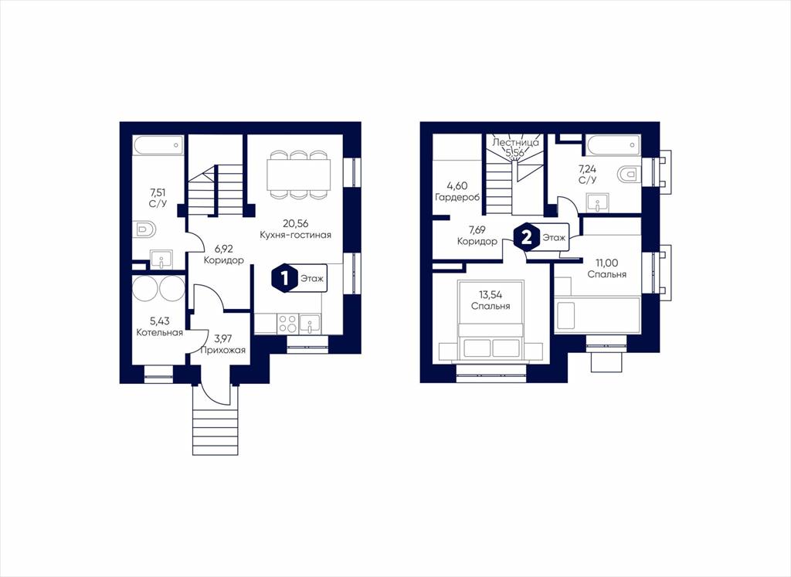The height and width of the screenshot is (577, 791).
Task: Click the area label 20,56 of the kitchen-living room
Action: click(296, 224)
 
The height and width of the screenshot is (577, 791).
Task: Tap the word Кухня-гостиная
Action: click(296, 235)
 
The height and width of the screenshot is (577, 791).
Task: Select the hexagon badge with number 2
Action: click(525, 237)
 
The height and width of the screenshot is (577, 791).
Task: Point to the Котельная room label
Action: click(159, 333)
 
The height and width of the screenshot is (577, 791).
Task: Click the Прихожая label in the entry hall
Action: click(223, 350)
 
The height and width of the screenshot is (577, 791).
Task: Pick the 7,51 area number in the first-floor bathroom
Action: click(158, 192)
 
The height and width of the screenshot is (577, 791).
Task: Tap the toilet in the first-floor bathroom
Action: click(146, 229)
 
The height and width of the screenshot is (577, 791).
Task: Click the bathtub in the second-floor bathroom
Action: click(614, 144)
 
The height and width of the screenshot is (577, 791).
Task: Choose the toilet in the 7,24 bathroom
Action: click(627, 175)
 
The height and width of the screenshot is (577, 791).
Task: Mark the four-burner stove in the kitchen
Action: click(287, 324)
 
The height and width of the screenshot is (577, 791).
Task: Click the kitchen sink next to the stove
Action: click(310, 324)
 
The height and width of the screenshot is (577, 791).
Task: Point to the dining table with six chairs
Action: click(299, 175)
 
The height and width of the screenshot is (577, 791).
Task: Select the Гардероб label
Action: click(457, 197)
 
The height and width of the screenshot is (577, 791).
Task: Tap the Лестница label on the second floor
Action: click(515, 143)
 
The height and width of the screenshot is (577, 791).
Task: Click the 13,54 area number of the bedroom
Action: click(491, 295)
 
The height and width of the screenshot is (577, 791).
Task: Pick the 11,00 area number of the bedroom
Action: click(607, 263)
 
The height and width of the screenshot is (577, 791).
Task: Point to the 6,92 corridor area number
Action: click(224, 249)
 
